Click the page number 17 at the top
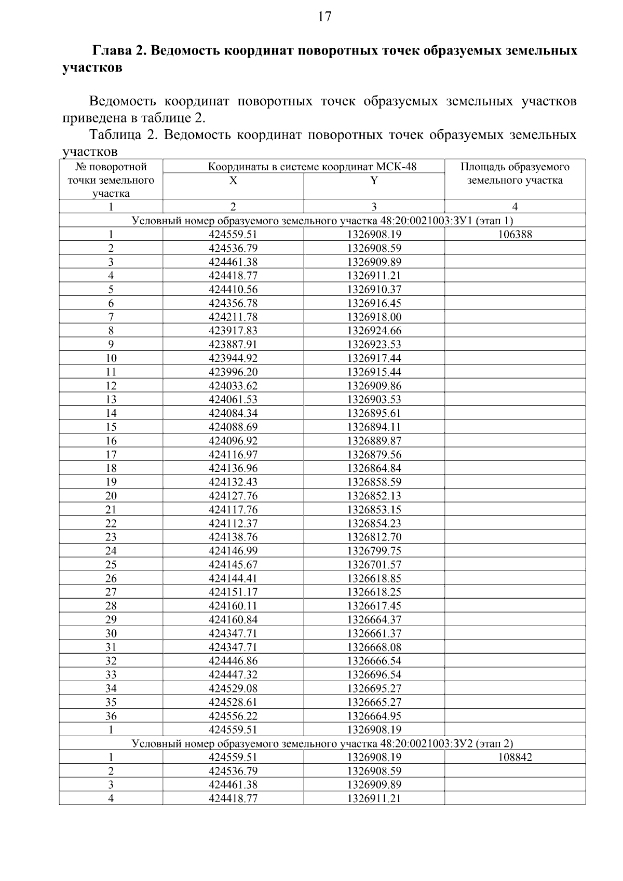(x=324, y=17)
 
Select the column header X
(x=233, y=180)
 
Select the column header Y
(x=374, y=180)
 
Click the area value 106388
(x=514, y=234)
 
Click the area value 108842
(x=514, y=757)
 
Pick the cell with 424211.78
(x=233, y=317)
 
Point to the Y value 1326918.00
(x=374, y=317)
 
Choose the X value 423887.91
(x=233, y=344)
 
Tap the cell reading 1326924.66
(x=374, y=331)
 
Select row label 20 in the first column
(x=111, y=496)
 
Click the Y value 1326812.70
(x=374, y=537)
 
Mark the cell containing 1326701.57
(x=374, y=564)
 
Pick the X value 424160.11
(x=233, y=606)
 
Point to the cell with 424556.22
(x=233, y=716)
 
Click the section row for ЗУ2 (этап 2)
(x=322, y=743)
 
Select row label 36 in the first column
(x=111, y=716)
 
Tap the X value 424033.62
(x=233, y=386)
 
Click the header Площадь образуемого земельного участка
(x=514, y=174)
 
